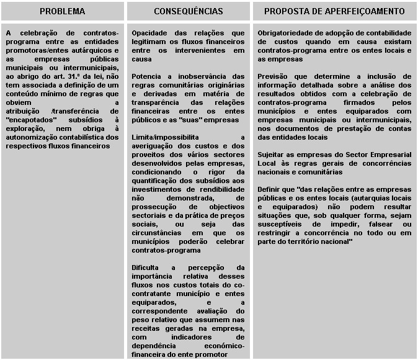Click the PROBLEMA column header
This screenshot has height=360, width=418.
pos(62,12)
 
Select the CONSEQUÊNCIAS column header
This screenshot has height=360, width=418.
pos(189,12)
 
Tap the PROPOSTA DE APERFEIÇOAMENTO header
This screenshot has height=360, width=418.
pos(334,12)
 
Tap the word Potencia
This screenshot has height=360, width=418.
pos(147,76)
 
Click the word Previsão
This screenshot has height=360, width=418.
pos(273,76)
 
